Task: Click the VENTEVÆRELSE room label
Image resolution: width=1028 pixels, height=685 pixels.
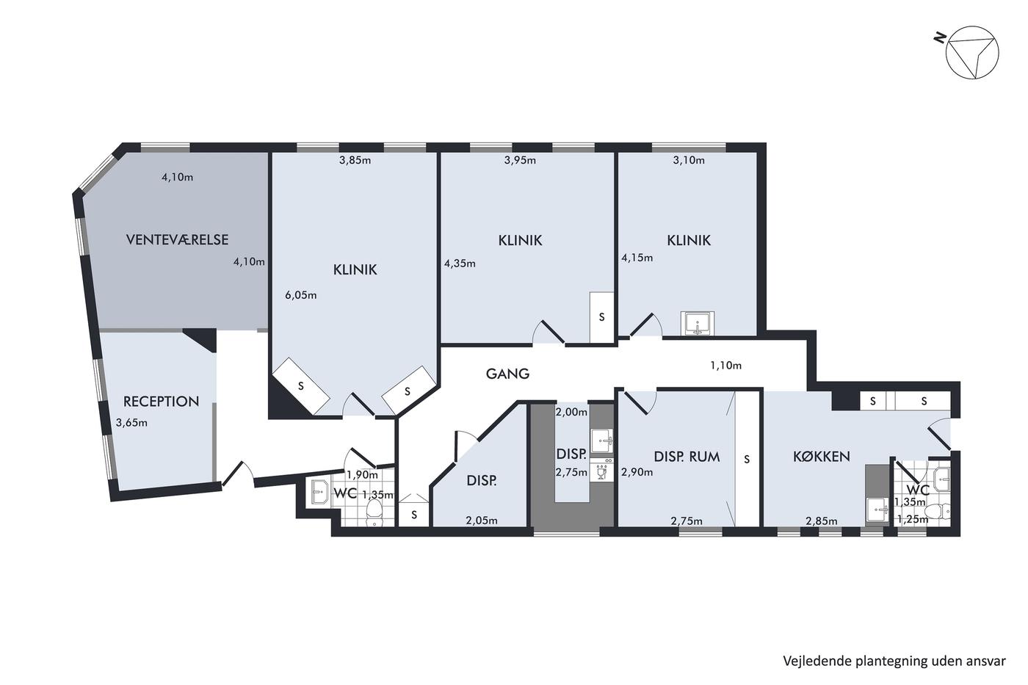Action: [177, 239]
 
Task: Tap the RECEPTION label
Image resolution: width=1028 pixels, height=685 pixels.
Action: [161, 402]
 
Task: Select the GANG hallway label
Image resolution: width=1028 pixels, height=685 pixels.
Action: [507, 374]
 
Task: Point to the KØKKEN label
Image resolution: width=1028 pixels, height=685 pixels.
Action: [822, 457]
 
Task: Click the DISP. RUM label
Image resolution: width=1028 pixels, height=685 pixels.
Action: [687, 457]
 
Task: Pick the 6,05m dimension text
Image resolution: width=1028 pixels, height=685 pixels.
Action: [301, 295]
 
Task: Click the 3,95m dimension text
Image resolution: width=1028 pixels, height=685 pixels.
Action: [520, 160]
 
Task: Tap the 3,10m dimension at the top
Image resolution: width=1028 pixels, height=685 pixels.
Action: [689, 160]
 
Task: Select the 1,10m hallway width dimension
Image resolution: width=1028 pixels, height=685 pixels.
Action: [726, 365]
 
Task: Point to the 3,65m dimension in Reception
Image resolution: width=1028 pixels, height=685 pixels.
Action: [131, 423]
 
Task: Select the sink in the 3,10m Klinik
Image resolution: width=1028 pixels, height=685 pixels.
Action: [698, 324]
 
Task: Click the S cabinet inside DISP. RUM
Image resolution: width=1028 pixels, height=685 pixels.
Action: [748, 459]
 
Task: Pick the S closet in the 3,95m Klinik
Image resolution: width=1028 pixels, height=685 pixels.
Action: [601, 317]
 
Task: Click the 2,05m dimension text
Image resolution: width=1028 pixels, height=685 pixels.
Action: [482, 521]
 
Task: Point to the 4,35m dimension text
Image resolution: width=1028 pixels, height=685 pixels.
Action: [460, 264]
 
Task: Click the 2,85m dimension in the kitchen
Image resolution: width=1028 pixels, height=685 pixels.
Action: [822, 521]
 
